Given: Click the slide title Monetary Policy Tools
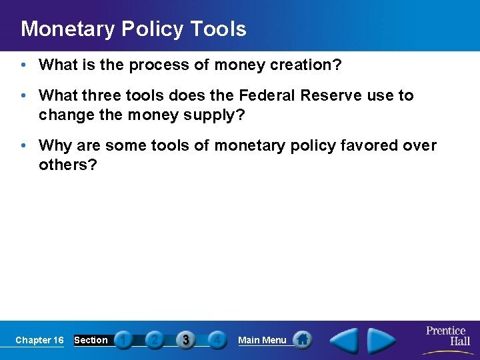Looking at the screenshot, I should (x=133, y=29).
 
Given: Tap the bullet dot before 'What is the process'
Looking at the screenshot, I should (x=24, y=65).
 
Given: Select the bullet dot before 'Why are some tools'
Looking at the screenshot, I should (x=24, y=146).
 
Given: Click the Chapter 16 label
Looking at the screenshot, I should (x=39, y=340).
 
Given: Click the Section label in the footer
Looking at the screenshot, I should (x=91, y=340).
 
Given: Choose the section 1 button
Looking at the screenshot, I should (x=123, y=340).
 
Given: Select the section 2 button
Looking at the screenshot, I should (x=155, y=340).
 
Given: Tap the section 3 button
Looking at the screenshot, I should (x=186, y=340).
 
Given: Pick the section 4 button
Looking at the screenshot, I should (x=217, y=340).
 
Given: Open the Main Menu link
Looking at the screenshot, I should (x=262, y=340).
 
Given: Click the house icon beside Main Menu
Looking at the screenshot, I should (x=303, y=340).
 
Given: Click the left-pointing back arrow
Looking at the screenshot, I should (x=345, y=341).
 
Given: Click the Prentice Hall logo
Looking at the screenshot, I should (x=447, y=336).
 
